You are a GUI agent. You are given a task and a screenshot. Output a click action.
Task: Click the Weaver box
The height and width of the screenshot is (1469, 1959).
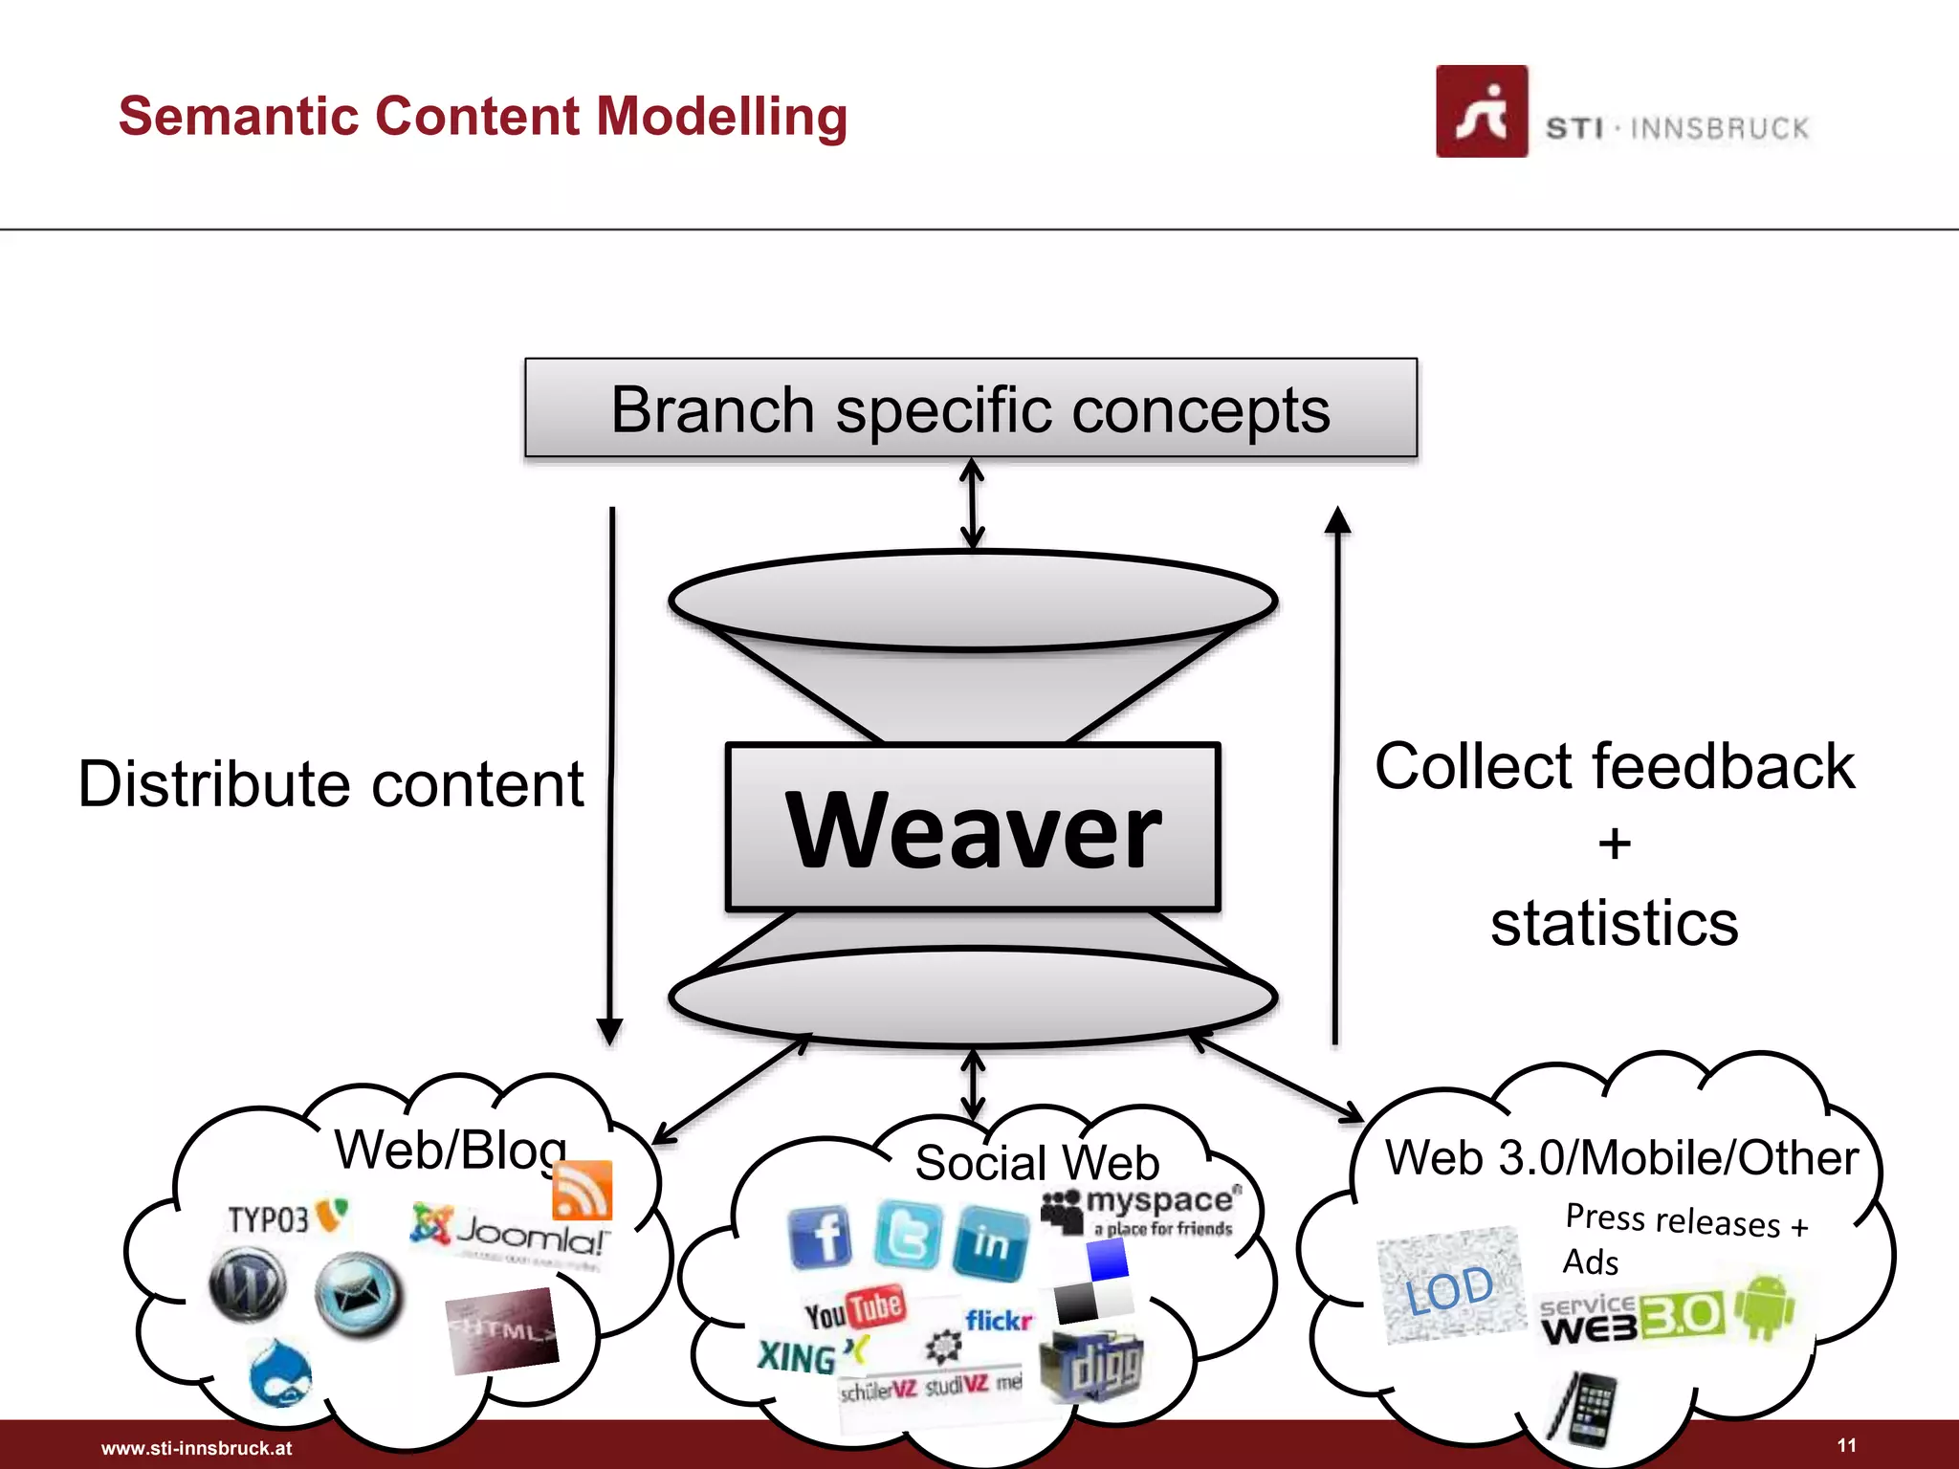pyautogui.click(x=973, y=827)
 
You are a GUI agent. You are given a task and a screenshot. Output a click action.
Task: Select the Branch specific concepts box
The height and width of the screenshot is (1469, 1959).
pyautogui.click(x=971, y=408)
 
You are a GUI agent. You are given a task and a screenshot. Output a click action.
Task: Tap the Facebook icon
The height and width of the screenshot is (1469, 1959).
pyautogui.click(x=820, y=1238)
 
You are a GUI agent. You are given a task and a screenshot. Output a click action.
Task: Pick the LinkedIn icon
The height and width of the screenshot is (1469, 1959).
pyautogui.click(x=992, y=1242)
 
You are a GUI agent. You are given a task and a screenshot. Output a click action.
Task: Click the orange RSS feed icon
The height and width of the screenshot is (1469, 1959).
pyautogui.click(x=582, y=1191)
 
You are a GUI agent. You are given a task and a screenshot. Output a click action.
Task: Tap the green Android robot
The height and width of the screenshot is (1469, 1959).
pyautogui.click(x=1765, y=1306)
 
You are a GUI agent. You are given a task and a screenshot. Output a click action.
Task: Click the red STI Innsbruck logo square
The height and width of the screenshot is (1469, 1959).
pyautogui.click(x=1481, y=112)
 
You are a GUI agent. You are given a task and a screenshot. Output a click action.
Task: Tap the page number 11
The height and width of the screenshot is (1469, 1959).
pyautogui.click(x=1846, y=1445)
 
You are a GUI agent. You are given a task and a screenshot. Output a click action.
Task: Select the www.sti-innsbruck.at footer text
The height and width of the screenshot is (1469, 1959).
pyautogui.click(x=197, y=1448)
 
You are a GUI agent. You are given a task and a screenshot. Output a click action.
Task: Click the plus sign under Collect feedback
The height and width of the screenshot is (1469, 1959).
pyautogui.click(x=1615, y=844)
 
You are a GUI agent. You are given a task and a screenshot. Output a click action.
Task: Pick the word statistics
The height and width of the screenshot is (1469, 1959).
pyautogui.click(x=1615, y=924)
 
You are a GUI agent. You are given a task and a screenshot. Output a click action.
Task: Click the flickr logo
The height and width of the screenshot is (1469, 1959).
pyautogui.click(x=999, y=1321)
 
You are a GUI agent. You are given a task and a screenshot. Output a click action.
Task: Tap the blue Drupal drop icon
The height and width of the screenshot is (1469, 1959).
pyautogui.click(x=279, y=1374)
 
